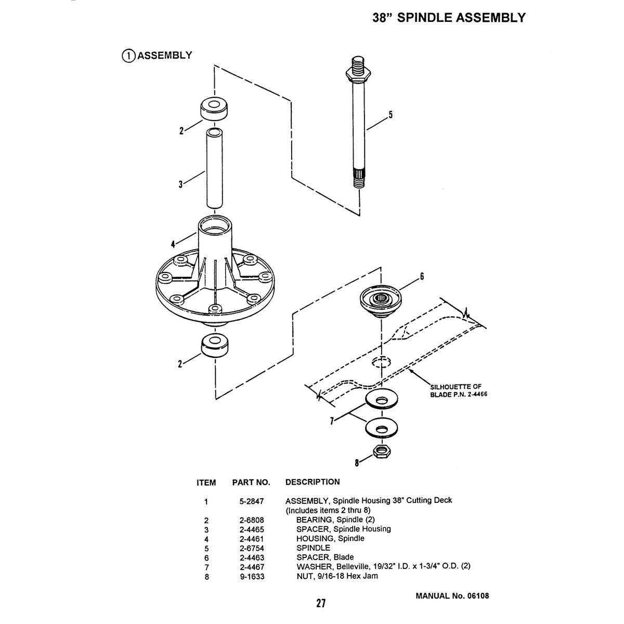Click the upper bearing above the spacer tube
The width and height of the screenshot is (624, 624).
tap(214, 109)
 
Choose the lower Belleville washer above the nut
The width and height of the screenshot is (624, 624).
tap(382, 428)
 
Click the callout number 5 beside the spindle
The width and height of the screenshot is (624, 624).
tap(390, 115)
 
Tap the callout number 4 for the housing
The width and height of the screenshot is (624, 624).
tap(172, 244)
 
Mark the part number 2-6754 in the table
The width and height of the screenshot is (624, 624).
tap(250, 548)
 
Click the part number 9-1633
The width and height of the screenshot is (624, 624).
tap(250, 576)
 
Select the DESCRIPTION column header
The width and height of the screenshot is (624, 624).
tap(313, 482)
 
